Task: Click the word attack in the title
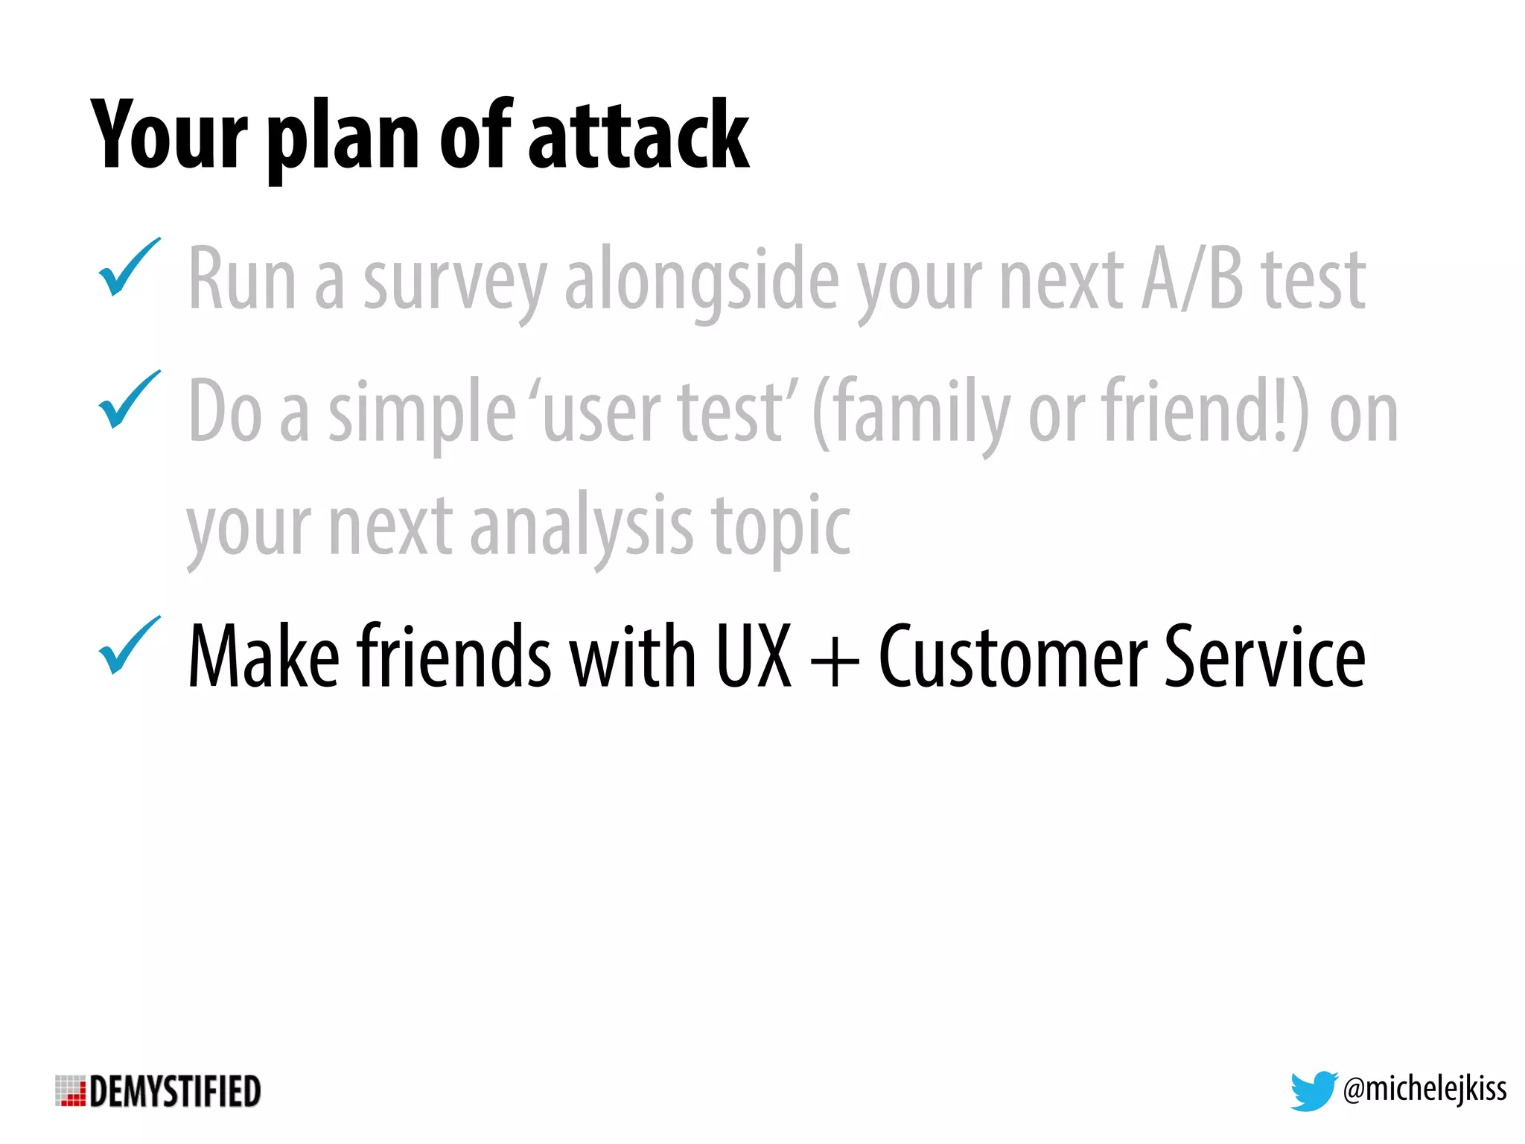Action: pos(638,136)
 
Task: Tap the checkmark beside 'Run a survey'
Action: pos(128,267)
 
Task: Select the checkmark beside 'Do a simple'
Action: pos(128,400)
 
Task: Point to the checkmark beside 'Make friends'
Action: pos(128,646)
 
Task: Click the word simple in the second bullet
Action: pos(421,414)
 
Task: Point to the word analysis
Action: pos(582,527)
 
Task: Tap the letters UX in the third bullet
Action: pos(753,656)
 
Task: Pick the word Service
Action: pos(1264,656)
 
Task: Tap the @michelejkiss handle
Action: pos(1424,1090)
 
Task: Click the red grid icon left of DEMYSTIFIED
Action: pos(71,1091)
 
